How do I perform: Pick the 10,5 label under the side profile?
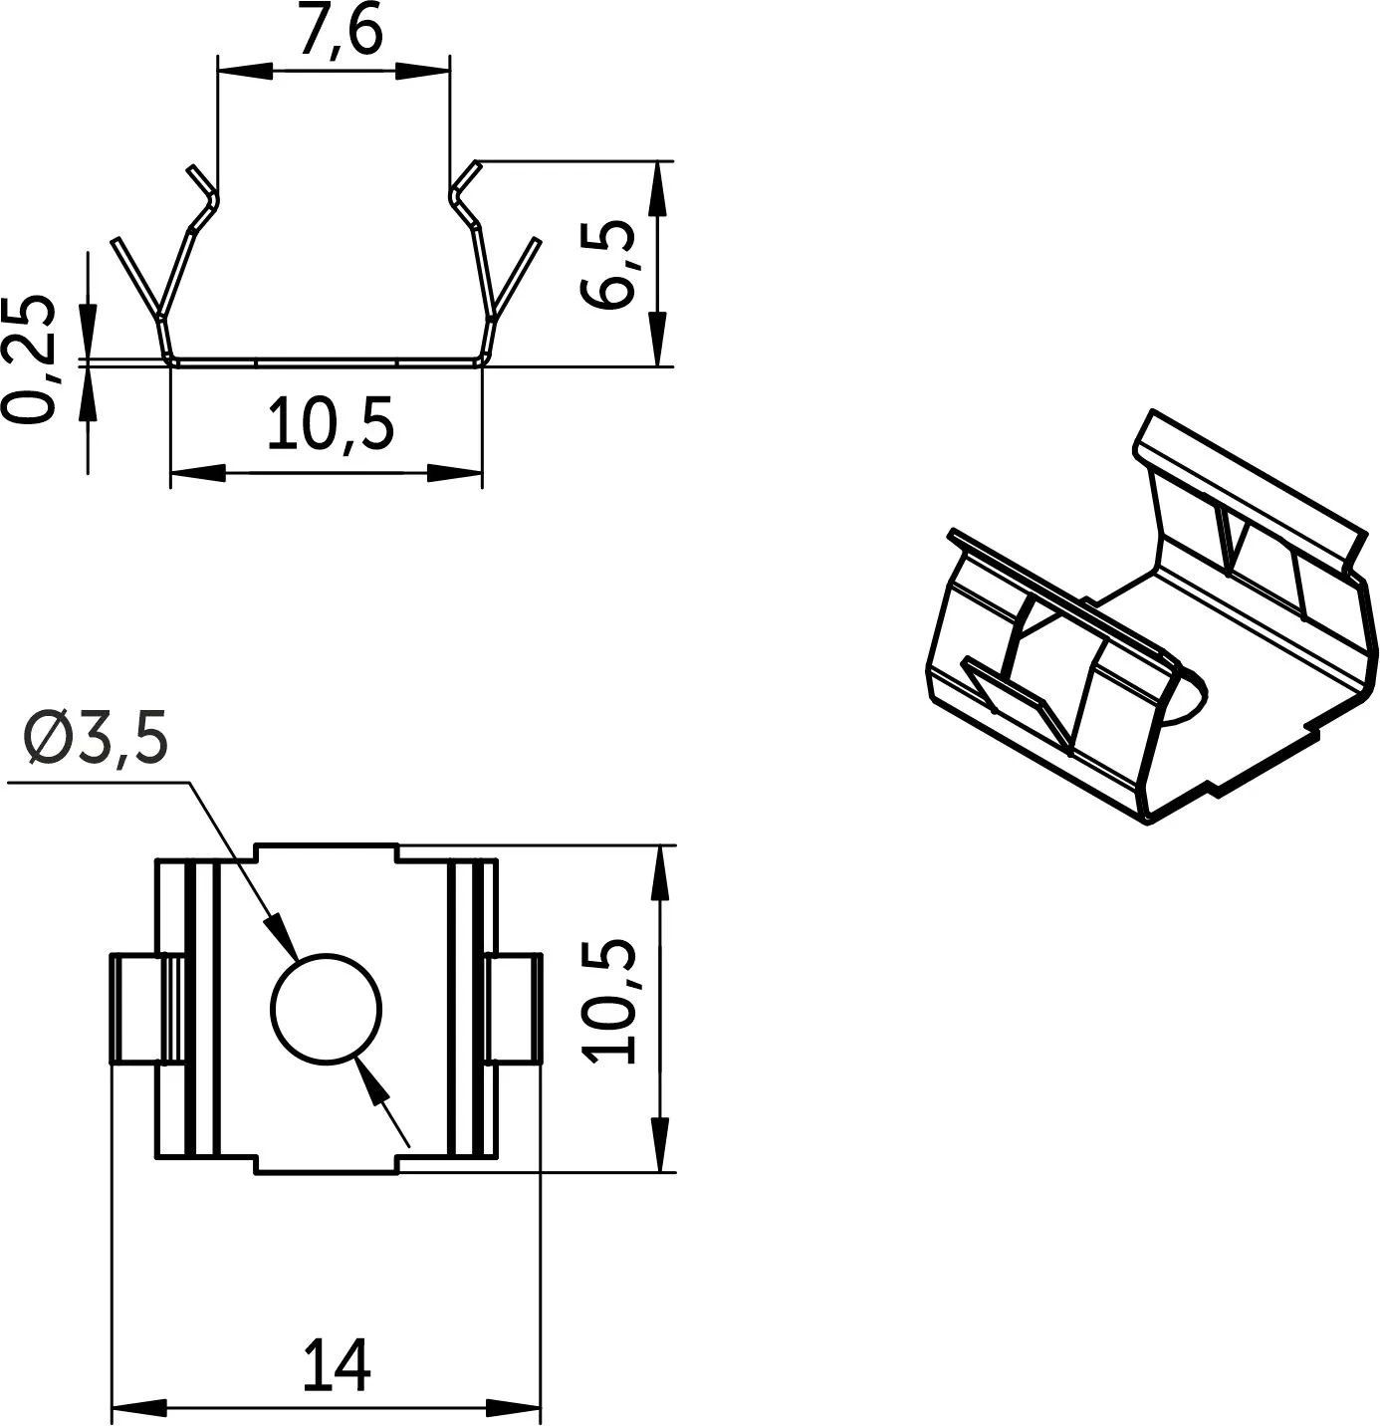tap(331, 423)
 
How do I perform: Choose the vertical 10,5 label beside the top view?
tap(609, 1000)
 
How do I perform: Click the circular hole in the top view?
tap(327, 1009)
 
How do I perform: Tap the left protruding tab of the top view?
tap(145, 1008)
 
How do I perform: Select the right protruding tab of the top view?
tap(513, 1008)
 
